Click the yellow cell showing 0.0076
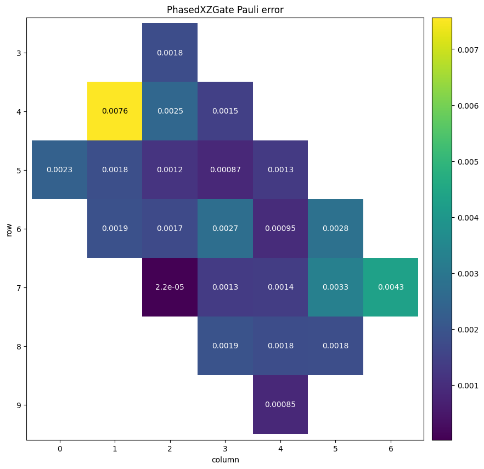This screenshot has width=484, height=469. click(x=115, y=111)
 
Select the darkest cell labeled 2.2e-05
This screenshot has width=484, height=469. click(x=170, y=287)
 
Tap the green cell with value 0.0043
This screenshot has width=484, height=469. click(x=390, y=287)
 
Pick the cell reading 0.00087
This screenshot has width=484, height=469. click(x=225, y=170)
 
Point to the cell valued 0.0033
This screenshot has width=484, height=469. click(x=335, y=287)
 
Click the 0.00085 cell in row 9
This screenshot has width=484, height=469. click(x=280, y=405)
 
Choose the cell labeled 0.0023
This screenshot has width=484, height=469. click(x=59, y=170)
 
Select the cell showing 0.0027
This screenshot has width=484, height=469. click(x=225, y=229)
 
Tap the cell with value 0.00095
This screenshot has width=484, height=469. click(x=280, y=229)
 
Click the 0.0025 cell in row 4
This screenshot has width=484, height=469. click(x=170, y=111)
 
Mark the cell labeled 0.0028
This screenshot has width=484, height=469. click(x=335, y=229)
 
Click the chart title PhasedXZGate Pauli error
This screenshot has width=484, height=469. click(x=225, y=10)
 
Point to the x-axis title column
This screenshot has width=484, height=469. click(x=225, y=460)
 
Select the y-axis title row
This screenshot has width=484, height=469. click(x=9, y=229)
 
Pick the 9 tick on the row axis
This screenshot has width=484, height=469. click(x=19, y=405)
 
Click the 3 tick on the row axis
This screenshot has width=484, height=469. click(x=19, y=53)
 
